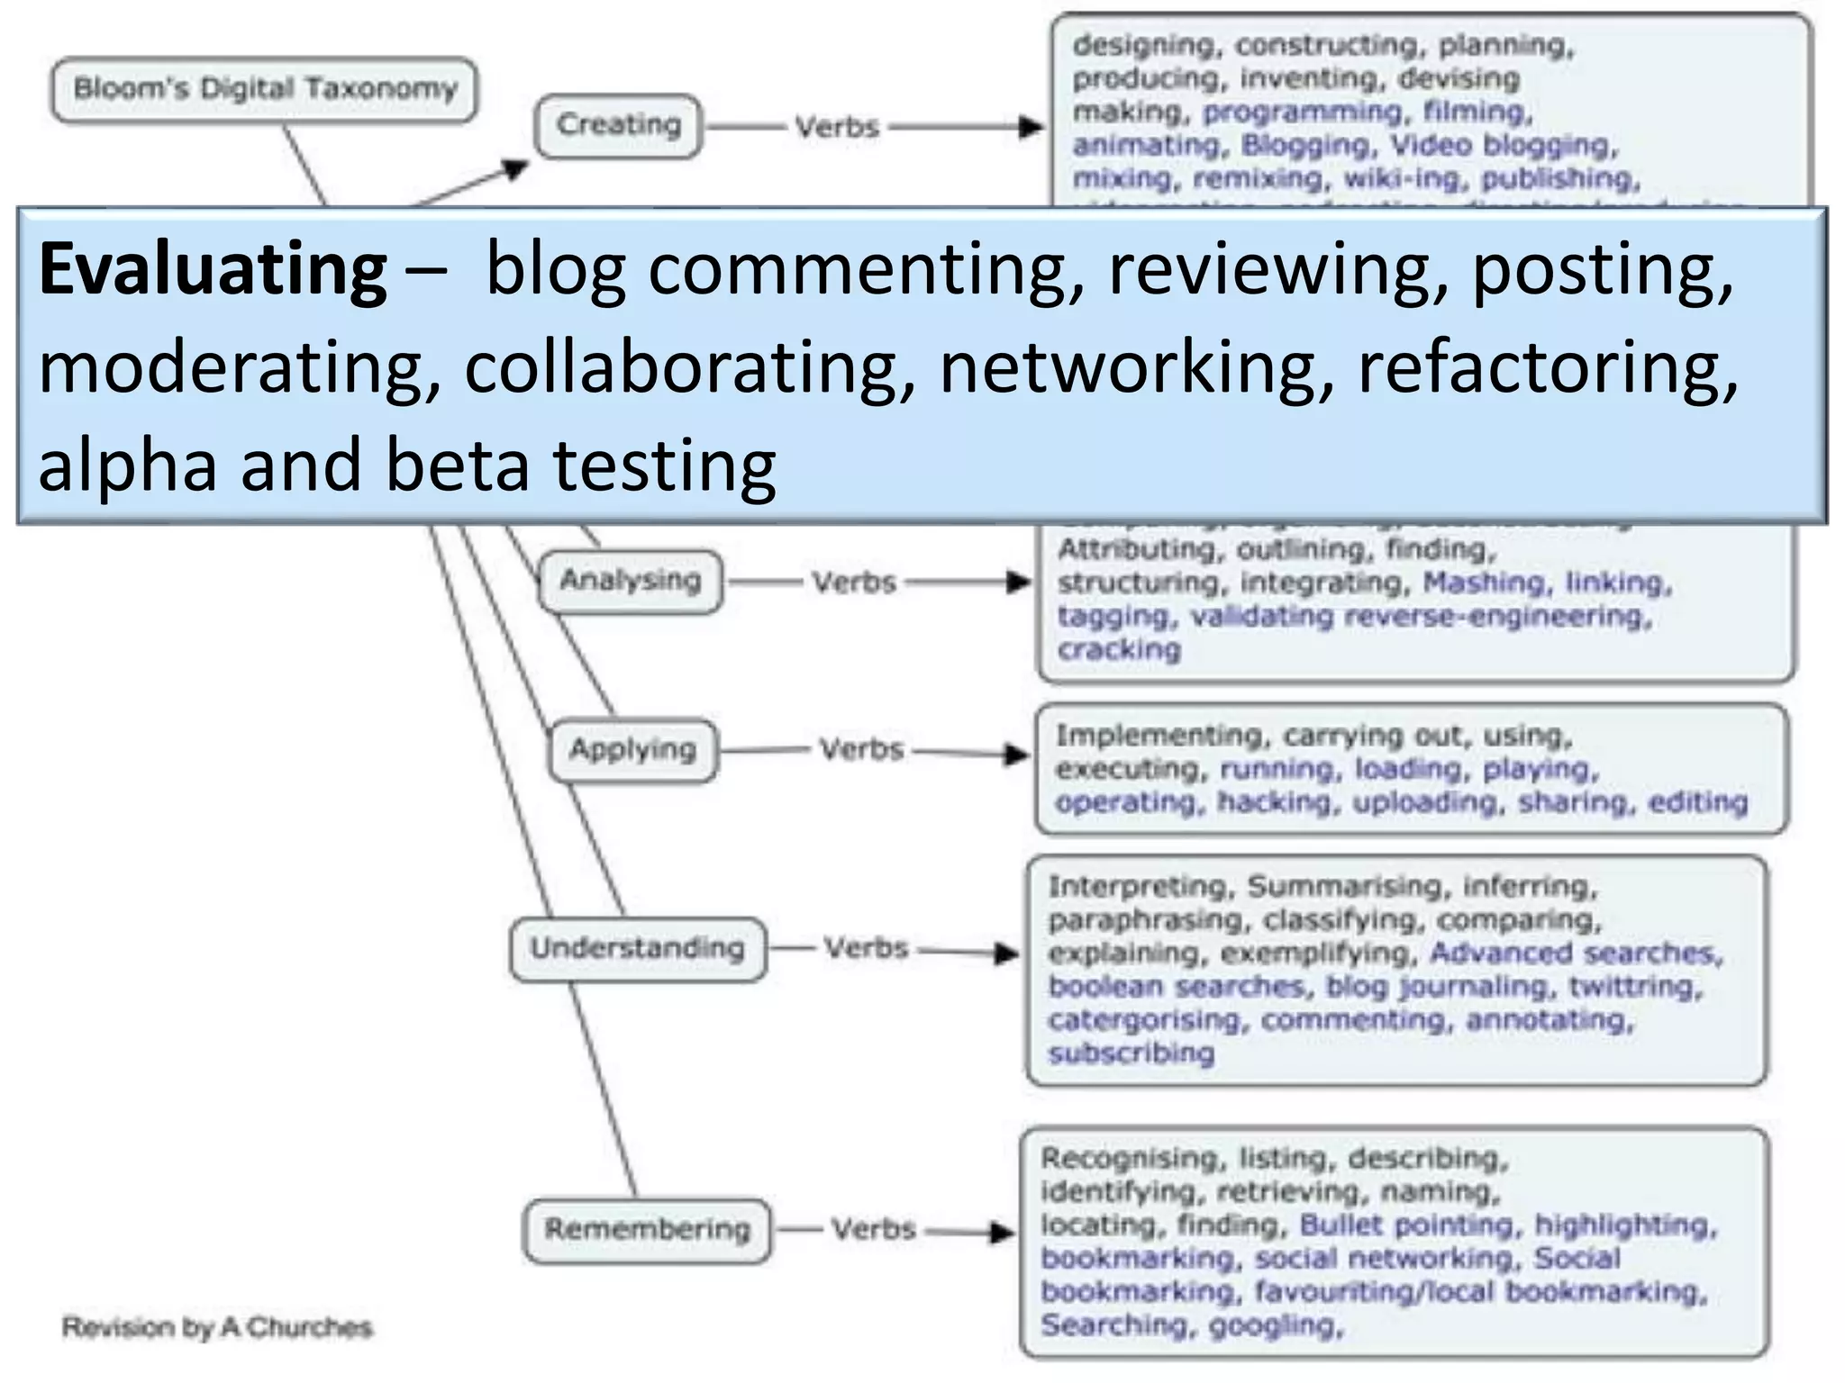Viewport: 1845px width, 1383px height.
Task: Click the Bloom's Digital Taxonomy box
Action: [264, 89]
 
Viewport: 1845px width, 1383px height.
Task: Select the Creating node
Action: [618, 125]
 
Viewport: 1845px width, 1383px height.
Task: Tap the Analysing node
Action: [630, 581]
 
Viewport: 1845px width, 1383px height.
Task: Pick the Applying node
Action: [632, 750]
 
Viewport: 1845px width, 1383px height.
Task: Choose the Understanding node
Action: [638, 949]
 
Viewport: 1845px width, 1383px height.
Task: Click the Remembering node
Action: [647, 1230]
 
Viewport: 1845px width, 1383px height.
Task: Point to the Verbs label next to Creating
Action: [837, 127]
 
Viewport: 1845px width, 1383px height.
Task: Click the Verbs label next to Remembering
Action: [873, 1230]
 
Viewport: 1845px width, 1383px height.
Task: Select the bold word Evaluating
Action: [213, 269]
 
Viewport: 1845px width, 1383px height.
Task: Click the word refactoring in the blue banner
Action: [1547, 367]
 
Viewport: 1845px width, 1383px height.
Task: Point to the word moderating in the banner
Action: [240, 367]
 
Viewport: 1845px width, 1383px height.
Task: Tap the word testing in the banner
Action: [663, 466]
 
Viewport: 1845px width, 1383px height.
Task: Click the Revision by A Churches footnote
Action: [216, 1327]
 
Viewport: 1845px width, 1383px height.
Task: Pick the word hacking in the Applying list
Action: [1274, 802]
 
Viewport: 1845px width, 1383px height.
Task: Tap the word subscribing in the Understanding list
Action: [1131, 1053]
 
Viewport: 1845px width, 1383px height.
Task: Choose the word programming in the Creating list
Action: [1303, 113]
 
